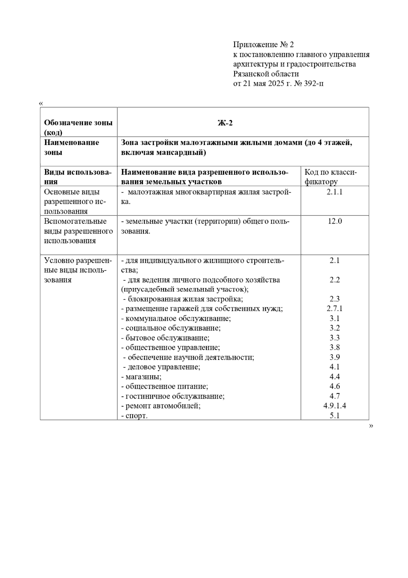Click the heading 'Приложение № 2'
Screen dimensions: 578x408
(263, 45)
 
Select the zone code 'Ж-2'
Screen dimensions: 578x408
(225, 123)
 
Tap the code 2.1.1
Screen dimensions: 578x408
(335, 192)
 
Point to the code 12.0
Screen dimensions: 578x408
(335, 221)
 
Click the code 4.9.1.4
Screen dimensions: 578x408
(335, 406)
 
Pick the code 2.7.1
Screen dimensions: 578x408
(335, 309)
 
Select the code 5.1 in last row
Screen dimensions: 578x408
(335, 416)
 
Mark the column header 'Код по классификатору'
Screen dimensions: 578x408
(330, 177)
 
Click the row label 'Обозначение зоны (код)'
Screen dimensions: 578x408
(78, 127)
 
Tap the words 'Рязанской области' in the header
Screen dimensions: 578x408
(266, 74)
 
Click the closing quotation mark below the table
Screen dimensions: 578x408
(371, 426)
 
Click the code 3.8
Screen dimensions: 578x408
(335, 348)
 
